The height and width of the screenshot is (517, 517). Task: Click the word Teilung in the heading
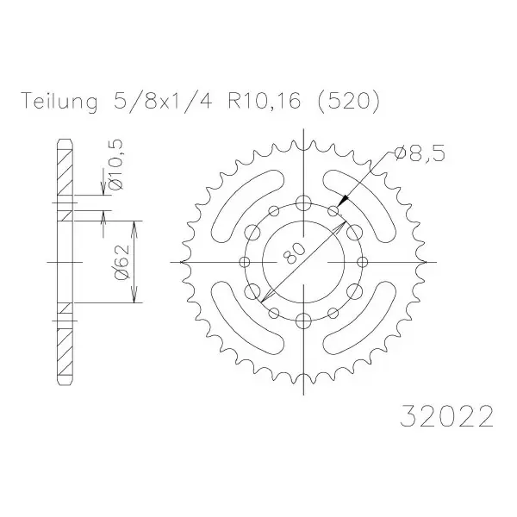click(x=59, y=102)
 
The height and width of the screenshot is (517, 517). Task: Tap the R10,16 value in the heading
click(x=265, y=101)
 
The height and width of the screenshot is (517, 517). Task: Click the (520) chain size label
click(x=348, y=101)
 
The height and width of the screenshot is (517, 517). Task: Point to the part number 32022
click(x=446, y=416)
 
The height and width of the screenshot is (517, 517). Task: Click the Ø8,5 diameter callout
click(x=420, y=153)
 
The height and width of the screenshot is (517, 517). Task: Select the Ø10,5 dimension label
click(x=115, y=165)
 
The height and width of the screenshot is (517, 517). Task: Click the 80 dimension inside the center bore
click(x=295, y=253)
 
